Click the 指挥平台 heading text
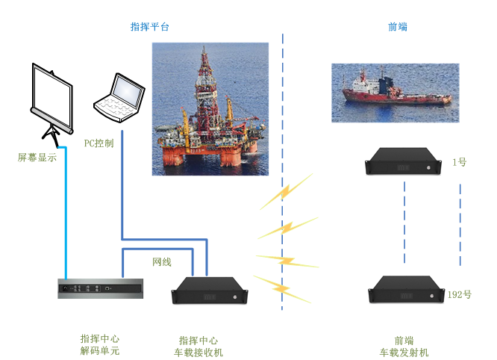pyautogui.click(x=150, y=27)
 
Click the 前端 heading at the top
pyautogui.click(x=398, y=27)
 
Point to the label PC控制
pyautogui.click(x=99, y=142)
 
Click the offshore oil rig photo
pyautogui.click(x=210, y=109)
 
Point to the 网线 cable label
pyautogui.click(x=162, y=262)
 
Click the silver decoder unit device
pyautogui.click(x=100, y=288)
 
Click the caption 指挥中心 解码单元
pyautogui.click(x=99, y=344)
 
